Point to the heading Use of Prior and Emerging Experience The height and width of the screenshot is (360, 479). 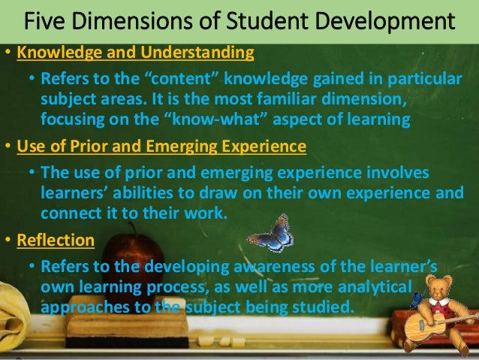(x=161, y=146)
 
